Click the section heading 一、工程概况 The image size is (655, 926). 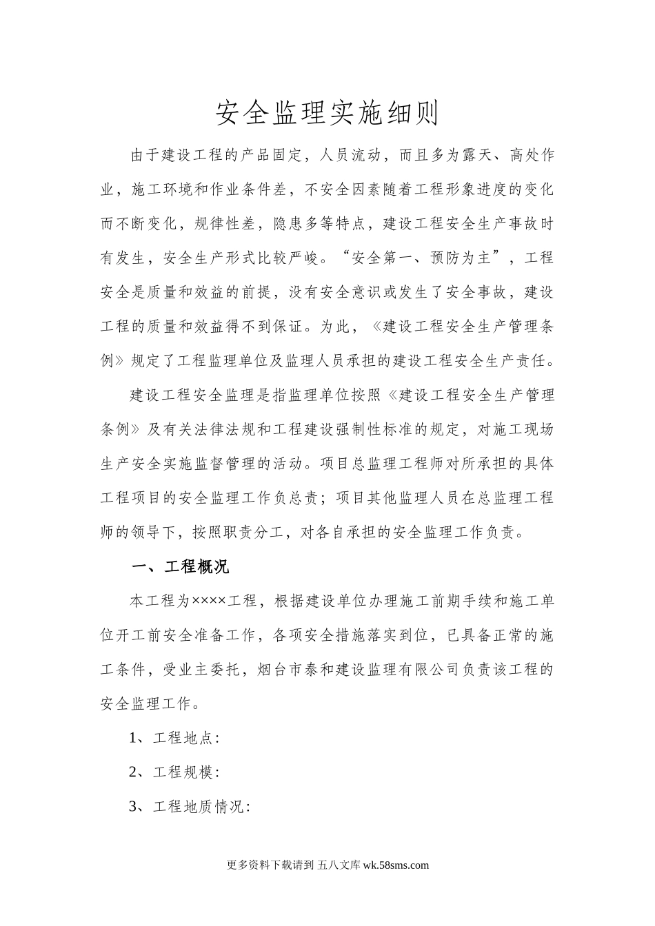tap(180, 567)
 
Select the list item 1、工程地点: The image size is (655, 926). tap(174, 737)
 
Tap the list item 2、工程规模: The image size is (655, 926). tap(174, 772)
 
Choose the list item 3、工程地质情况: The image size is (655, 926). tap(190, 807)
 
